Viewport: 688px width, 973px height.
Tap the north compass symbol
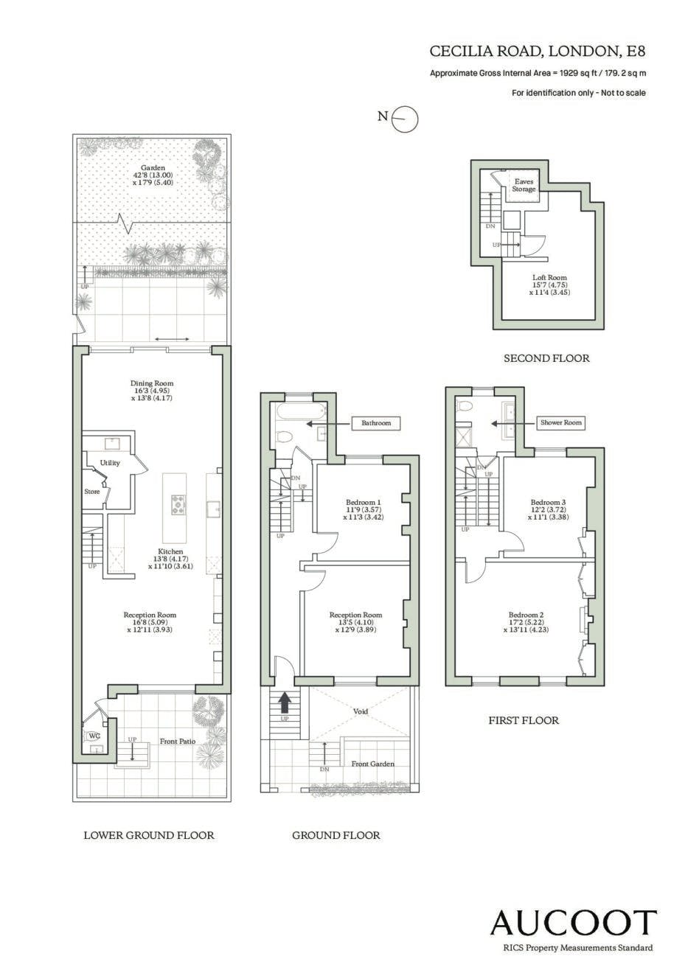405,118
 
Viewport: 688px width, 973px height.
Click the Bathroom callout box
376,423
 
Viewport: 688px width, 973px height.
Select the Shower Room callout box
560,422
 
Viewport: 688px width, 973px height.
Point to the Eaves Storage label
524,186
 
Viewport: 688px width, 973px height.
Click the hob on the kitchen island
178,505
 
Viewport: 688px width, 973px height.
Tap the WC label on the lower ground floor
94,736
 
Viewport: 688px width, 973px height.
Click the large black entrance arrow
284,702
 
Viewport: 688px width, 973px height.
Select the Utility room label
110,463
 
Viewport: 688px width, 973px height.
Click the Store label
91,492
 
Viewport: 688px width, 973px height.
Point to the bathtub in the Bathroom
298,411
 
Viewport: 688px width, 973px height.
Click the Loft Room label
550,278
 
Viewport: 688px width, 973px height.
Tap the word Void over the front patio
361,711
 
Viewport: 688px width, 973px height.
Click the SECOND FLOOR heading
546,358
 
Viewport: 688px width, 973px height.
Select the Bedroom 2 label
526,615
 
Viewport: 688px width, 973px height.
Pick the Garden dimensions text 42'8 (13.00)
153,175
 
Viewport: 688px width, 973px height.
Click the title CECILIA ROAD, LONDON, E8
538,52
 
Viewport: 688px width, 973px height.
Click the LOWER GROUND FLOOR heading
149,835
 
